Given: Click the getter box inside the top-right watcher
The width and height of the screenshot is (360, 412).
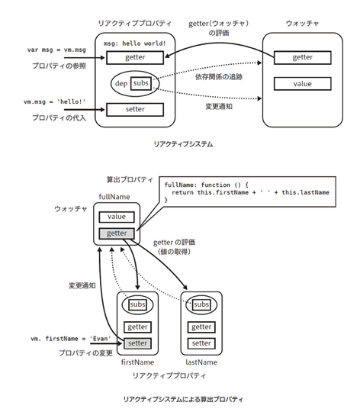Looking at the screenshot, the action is (x=303, y=57).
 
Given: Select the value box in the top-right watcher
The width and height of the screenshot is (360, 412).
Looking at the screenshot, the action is (x=303, y=84).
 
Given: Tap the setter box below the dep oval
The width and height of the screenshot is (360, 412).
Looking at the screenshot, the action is (x=135, y=109).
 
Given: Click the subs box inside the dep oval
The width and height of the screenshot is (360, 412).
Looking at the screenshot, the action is (x=141, y=83).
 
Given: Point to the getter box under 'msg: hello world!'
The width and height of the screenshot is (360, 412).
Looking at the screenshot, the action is (x=135, y=57).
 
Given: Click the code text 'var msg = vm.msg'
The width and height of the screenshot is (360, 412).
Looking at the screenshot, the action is (x=56, y=50).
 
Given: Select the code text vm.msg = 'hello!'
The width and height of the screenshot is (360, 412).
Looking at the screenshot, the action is (x=55, y=101).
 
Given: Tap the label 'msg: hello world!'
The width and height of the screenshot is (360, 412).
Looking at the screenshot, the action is (x=135, y=43).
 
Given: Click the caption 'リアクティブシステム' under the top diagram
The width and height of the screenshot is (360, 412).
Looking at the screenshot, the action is (x=183, y=144).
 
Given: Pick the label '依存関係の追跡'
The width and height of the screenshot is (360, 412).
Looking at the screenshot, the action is (x=219, y=77).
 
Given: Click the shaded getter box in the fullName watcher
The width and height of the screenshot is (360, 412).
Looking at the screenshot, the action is (x=117, y=233).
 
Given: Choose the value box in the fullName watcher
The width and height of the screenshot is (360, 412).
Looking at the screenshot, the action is (x=117, y=217).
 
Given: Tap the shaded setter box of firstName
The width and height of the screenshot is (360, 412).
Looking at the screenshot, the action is (x=137, y=343).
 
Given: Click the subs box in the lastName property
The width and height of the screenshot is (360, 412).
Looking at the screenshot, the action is (x=201, y=304).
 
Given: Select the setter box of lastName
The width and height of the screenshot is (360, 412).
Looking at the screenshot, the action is (x=201, y=343).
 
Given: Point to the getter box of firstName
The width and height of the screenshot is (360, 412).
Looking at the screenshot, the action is (x=137, y=327).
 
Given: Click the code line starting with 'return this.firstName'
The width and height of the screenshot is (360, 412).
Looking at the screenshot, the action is (x=250, y=192).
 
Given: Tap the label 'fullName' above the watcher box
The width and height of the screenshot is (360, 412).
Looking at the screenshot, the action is (x=114, y=197).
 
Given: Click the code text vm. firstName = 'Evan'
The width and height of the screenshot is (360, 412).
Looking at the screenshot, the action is (x=71, y=339).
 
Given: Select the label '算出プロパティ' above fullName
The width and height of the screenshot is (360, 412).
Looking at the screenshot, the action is (x=130, y=180).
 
